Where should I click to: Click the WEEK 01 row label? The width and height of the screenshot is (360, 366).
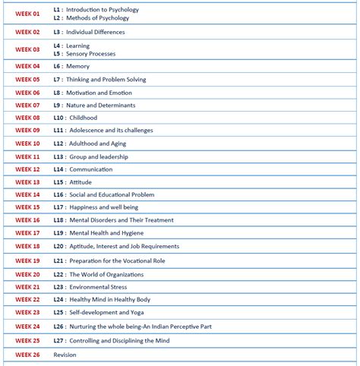click(x=27, y=14)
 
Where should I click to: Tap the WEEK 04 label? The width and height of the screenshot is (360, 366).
click(x=27, y=66)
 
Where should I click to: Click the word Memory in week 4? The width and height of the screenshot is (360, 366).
click(x=77, y=66)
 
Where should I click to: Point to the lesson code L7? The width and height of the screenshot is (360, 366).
click(x=57, y=80)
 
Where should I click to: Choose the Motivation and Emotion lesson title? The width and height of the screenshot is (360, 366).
click(x=99, y=93)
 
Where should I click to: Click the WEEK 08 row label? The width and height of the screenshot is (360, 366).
click(x=27, y=118)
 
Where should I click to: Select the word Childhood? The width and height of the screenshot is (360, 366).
click(x=84, y=118)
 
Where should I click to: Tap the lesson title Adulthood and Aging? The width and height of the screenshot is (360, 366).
click(x=98, y=144)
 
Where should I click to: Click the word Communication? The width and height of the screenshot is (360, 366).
click(x=90, y=169)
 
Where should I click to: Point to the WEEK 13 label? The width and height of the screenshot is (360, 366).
click(x=27, y=182)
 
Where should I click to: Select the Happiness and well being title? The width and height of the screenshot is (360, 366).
click(x=103, y=207)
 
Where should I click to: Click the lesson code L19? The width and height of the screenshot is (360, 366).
click(x=58, y=260)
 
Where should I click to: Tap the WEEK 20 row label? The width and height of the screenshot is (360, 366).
click(x=27, y=275)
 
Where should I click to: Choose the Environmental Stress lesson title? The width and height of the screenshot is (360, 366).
click(x=98, y=287)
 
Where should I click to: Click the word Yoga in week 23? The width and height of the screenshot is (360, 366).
click(x=136, y=312)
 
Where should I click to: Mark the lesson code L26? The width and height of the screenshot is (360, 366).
click(x=58, y=327)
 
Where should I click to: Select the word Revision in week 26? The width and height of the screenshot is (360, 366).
click(x=65, y=355)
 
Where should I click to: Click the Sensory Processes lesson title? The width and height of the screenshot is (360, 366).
click(x=91, y=54)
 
